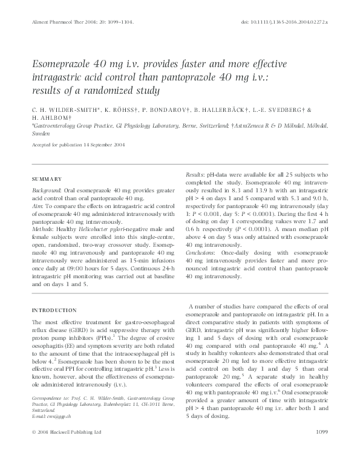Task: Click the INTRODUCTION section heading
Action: tap(54, 310)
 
